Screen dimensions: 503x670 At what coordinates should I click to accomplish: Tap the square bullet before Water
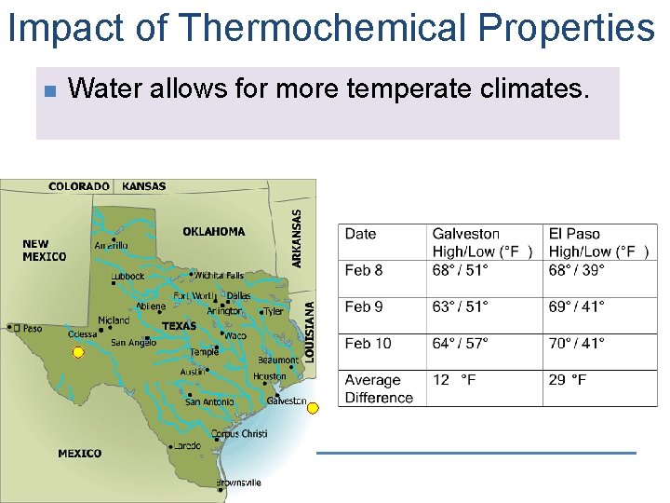click(50, 90)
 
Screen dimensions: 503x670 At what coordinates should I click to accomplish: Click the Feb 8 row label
click(364, 270)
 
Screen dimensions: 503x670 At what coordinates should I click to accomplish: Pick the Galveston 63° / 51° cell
click(461, 306)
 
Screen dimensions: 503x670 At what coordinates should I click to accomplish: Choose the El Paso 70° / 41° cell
click(577, 344)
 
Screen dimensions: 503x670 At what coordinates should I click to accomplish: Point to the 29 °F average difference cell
click(568, 380)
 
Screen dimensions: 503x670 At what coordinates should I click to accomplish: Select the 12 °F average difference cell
click(454, 380)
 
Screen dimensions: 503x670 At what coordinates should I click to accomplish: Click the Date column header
click(361, 234)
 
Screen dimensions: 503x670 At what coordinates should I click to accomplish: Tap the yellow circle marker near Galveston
click(313, 408)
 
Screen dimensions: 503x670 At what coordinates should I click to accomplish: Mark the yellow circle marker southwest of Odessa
click(78, 352)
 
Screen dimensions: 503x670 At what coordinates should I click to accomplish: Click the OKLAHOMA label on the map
click(214, 232)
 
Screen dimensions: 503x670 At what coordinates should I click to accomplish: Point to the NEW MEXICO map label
click(44, 251)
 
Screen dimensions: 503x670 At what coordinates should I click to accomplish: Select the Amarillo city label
click(111, 246)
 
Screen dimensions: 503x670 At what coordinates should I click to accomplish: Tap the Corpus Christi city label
click(239, 434)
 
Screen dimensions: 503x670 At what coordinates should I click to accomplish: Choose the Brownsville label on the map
click(238, 483)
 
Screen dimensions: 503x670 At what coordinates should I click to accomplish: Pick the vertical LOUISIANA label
click(310, 331)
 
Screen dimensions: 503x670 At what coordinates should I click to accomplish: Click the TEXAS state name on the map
click(179, 327)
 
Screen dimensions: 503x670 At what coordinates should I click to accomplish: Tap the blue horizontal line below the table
click(476, 453)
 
